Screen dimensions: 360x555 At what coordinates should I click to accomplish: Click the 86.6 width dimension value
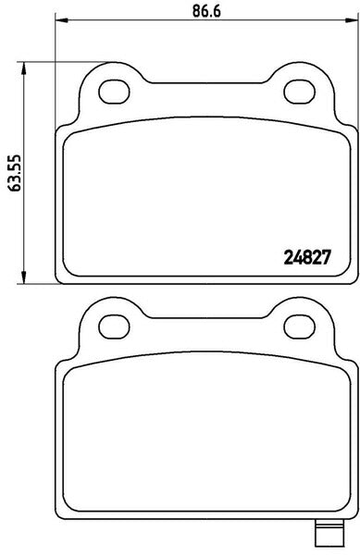click(206, 12)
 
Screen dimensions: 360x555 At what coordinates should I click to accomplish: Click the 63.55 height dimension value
click(15, 173)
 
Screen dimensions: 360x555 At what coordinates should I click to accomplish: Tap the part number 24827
click(307, 257)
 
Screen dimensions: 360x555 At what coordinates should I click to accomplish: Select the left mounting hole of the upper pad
click(114, 92)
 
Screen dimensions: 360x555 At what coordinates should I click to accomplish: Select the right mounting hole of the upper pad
click(300, 92)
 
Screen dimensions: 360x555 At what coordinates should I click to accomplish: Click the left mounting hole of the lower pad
click(114, 327)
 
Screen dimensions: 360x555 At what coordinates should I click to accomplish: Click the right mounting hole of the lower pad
click(300, 327)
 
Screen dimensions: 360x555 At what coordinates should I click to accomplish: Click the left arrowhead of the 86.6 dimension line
click(62, 19)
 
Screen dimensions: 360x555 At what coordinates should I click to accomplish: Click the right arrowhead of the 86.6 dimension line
click(351, 19)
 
